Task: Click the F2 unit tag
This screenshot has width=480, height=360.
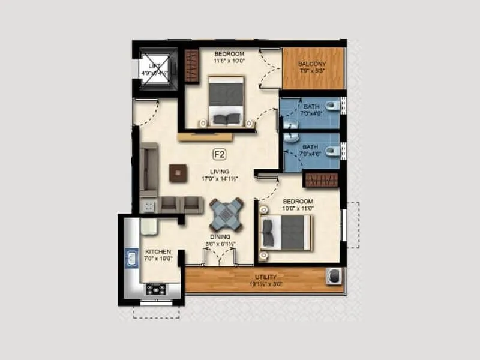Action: point(219,154)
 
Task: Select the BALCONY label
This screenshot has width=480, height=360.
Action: point(313,61)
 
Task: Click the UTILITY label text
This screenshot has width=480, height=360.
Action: point(265,277)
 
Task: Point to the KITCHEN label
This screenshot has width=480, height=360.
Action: point(158,251)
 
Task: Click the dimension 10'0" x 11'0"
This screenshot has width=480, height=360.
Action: point(298,208)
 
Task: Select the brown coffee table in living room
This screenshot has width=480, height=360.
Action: point(178,172)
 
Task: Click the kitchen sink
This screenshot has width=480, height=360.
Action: point(132,259)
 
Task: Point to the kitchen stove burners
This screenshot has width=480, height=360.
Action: point(155,290)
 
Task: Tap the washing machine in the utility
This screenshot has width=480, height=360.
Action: point(334,277)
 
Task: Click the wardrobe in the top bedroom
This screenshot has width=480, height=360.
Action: point(191,65)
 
